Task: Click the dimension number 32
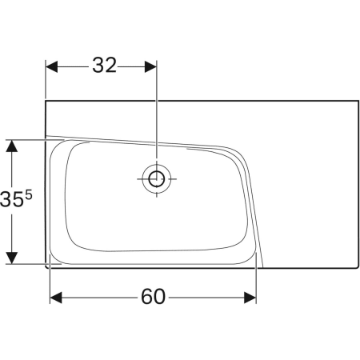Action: click(x=103, y=66)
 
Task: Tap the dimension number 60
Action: click(x=153, y=297)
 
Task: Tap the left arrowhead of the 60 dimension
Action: click(x=55, y=298)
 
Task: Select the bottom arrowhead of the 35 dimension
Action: click(x=12, y=258)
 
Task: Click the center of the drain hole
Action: click(x=156, y=178)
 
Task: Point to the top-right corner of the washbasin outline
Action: click(x=358, y=101)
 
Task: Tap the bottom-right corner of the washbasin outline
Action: click(x=358, y=264)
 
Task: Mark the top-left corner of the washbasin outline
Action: click(x=46, y=101)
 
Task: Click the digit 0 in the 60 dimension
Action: click(x=160, y=297)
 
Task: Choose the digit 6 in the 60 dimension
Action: click(x=146, y=297)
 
